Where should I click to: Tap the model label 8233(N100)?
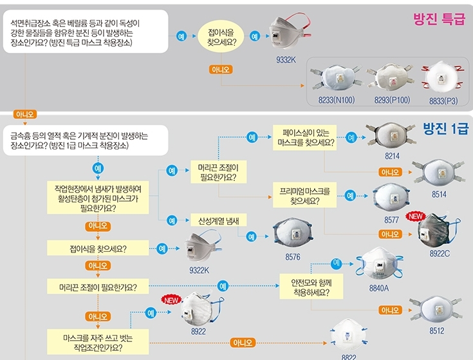point(336,100)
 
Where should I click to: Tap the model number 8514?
point(439,194)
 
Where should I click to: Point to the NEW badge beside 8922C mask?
point(415,216)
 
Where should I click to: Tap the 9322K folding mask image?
point(200,248)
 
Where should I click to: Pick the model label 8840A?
point(379,288)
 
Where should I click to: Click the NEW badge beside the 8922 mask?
point(171,299)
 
